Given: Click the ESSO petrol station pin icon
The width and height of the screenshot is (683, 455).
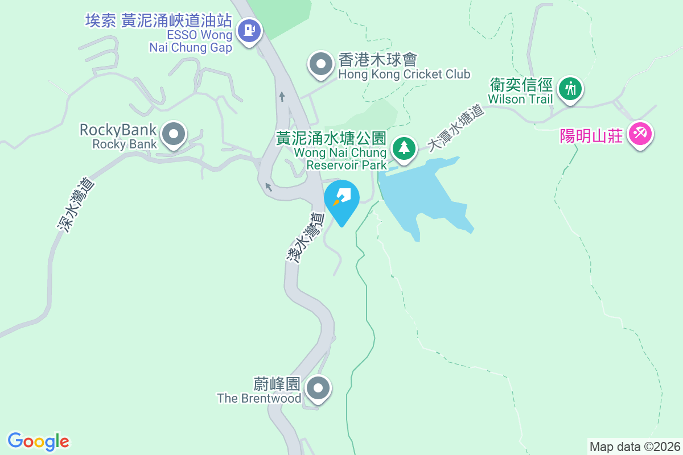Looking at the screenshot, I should [249, 30].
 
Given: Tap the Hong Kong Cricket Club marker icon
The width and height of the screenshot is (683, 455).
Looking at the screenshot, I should [320, 64].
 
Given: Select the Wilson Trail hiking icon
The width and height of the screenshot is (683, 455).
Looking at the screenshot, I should [570, 89].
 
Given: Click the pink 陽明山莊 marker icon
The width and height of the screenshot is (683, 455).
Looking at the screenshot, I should [640, 135].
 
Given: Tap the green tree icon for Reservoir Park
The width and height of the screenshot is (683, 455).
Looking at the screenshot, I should [404, 148].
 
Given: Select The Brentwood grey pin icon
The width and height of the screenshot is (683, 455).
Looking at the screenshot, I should [318, 389].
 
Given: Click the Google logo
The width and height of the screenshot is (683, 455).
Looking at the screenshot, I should [38, 441].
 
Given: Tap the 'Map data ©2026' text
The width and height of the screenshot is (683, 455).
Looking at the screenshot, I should [635, 446].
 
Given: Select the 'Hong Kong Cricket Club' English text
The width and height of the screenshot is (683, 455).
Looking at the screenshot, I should [404, 74].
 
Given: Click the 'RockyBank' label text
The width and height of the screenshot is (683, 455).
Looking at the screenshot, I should [118, 130].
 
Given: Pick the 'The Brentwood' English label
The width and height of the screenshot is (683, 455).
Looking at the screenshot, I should [259, 398].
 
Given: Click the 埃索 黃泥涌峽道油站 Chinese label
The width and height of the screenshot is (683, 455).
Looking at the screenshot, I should [159, 21].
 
